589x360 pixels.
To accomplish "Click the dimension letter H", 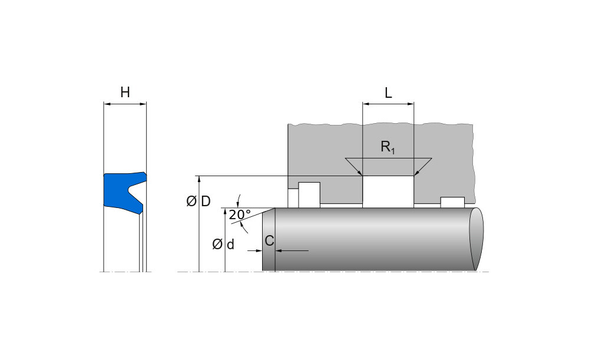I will pos(125,92).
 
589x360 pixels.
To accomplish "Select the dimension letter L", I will pos(388,93).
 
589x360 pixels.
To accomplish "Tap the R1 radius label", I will pos(388,147).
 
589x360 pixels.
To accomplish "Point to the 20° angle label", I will pos(240,215).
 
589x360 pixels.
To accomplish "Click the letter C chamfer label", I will pos(269,240).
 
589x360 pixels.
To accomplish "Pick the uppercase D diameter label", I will pos(206,202).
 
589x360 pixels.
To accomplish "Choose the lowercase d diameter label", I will pos(230,244).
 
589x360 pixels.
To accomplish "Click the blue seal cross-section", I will pos(118,191).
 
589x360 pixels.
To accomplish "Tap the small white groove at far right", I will pos(452,202).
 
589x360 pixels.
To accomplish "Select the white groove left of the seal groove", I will pos(309,194).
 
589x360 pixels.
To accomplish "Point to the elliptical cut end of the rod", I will pos(476,239).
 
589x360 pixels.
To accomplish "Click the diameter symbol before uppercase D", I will pos(191,202).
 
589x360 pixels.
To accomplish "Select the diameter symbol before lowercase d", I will pos(217,244).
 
